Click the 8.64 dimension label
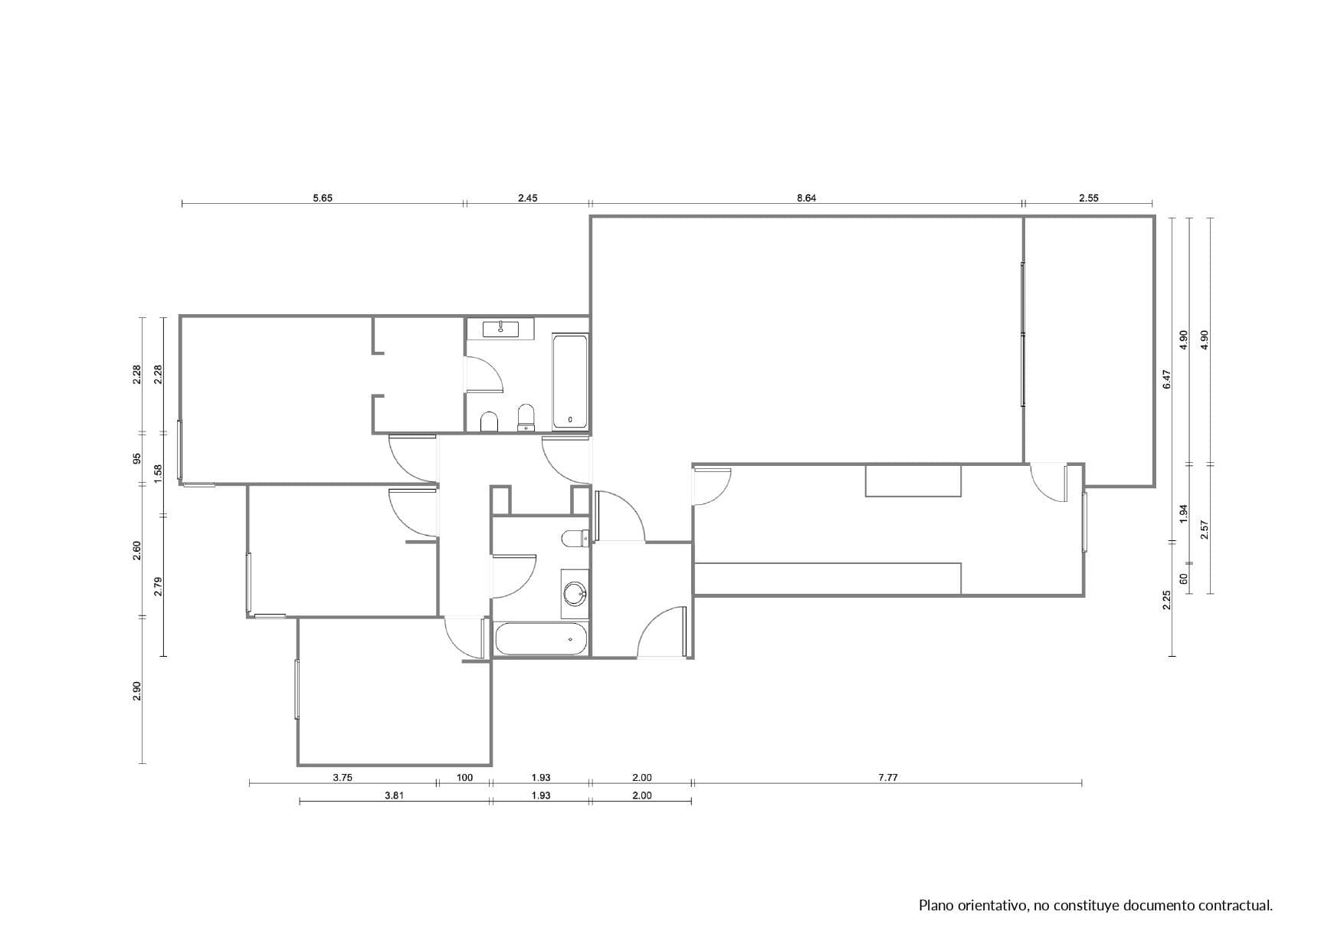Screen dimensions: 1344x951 point(806,198)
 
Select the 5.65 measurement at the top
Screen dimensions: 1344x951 point(323,198)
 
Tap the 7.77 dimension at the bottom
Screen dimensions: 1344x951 point(887,777)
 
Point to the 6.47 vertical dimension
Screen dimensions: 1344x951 point(1167,379)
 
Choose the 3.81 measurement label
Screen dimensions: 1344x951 point(394,795)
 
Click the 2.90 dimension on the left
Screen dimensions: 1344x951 point(137,690)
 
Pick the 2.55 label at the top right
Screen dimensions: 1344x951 point(1088,198)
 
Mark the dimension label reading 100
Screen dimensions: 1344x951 point(464,777)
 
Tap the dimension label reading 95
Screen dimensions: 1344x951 point(137,459)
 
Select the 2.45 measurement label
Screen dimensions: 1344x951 point(527,198)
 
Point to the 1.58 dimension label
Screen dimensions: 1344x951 point(158,474)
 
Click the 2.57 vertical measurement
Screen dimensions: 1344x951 point(1205,530)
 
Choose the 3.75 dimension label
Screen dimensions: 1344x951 point(343,777)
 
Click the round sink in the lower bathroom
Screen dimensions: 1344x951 point(575,593)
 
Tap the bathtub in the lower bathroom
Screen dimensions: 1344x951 point(541,639)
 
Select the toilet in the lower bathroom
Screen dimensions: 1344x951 point(575,539)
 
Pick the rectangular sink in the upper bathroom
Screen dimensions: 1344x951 point(500,330)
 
